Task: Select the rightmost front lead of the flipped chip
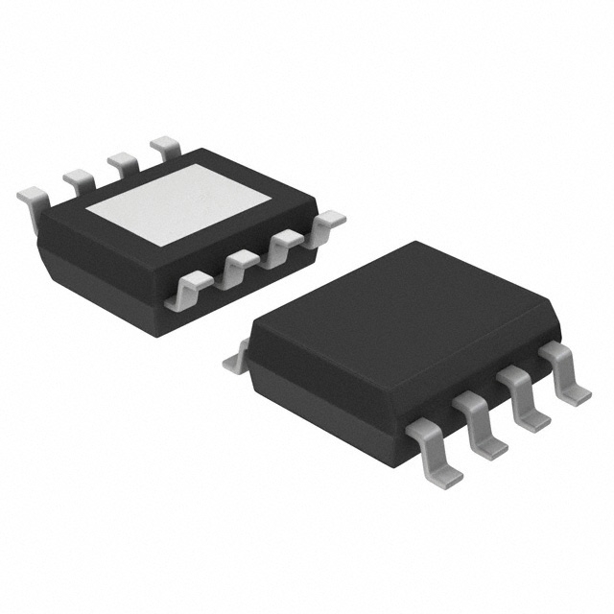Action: pos(326,222)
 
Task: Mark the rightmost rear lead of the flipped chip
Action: pos(165,146)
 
